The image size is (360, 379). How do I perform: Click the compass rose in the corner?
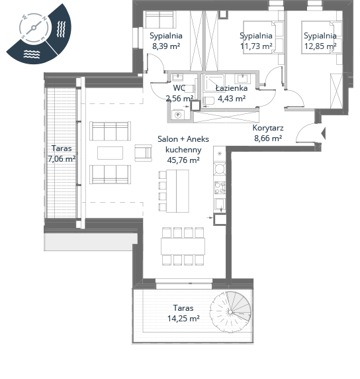[34, 28]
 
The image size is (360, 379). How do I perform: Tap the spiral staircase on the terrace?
[230, 312]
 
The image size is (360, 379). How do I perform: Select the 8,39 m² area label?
[166, 46]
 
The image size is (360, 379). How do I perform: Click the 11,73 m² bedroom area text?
[256, 46]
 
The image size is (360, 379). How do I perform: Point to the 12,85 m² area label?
[320, 46]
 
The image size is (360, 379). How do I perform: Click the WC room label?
[179, 88]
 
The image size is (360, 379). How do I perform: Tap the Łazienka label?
[232, 88]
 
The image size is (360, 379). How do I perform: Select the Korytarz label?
[268, 128]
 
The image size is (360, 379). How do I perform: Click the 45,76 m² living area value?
[183, 160]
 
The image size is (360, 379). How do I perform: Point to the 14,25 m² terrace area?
[183, 318]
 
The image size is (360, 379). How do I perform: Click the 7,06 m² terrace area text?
[62, 159]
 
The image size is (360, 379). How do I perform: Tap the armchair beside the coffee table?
[143, 153]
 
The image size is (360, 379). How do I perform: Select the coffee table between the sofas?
[110, 153]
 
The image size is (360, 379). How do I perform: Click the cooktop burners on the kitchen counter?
[220, 188]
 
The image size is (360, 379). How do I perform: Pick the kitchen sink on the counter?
[220, 203]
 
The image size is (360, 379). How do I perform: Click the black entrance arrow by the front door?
[323, 133]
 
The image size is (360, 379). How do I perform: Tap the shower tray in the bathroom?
[214, 83]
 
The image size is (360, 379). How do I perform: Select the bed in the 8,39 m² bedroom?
[159, 20]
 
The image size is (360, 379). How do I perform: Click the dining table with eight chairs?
[183, 246]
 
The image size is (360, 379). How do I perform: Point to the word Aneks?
[198, 139]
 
